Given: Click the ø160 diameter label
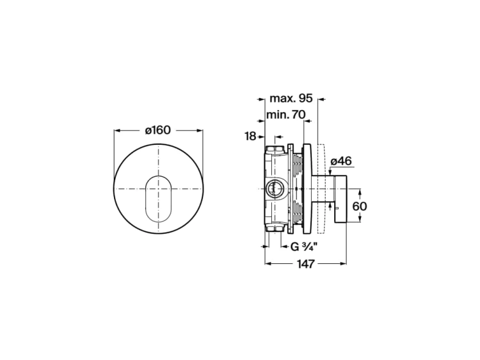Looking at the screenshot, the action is click(x=157, y=130).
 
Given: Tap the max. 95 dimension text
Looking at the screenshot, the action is click(x=291, y=99).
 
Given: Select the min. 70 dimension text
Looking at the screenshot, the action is click(x=286, y=115).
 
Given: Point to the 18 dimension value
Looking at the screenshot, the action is click(x=250, y=136).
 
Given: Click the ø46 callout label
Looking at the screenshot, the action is click(x=341, y=161).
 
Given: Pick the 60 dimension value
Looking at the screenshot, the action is click(x=360, y=206).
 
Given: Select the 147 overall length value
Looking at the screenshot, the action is click(x=306, y=263).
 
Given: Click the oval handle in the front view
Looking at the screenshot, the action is click(x=158, y=199).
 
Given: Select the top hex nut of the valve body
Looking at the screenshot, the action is click(x=275, y=150).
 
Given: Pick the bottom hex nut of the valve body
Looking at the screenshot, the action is click(x=275, y=228).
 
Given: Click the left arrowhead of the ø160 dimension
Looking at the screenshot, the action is click(x=116, y=131).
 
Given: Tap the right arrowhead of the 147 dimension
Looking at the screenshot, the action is click(x=344, y=263).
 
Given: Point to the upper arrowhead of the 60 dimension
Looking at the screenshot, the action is click(x=360, y=191).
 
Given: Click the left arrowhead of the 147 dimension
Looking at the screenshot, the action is click(x=268, y=263).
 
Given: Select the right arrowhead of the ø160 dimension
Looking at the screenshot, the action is click(x=200, y=131).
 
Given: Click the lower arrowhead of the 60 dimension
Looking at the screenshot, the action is click(x=360, y=219).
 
